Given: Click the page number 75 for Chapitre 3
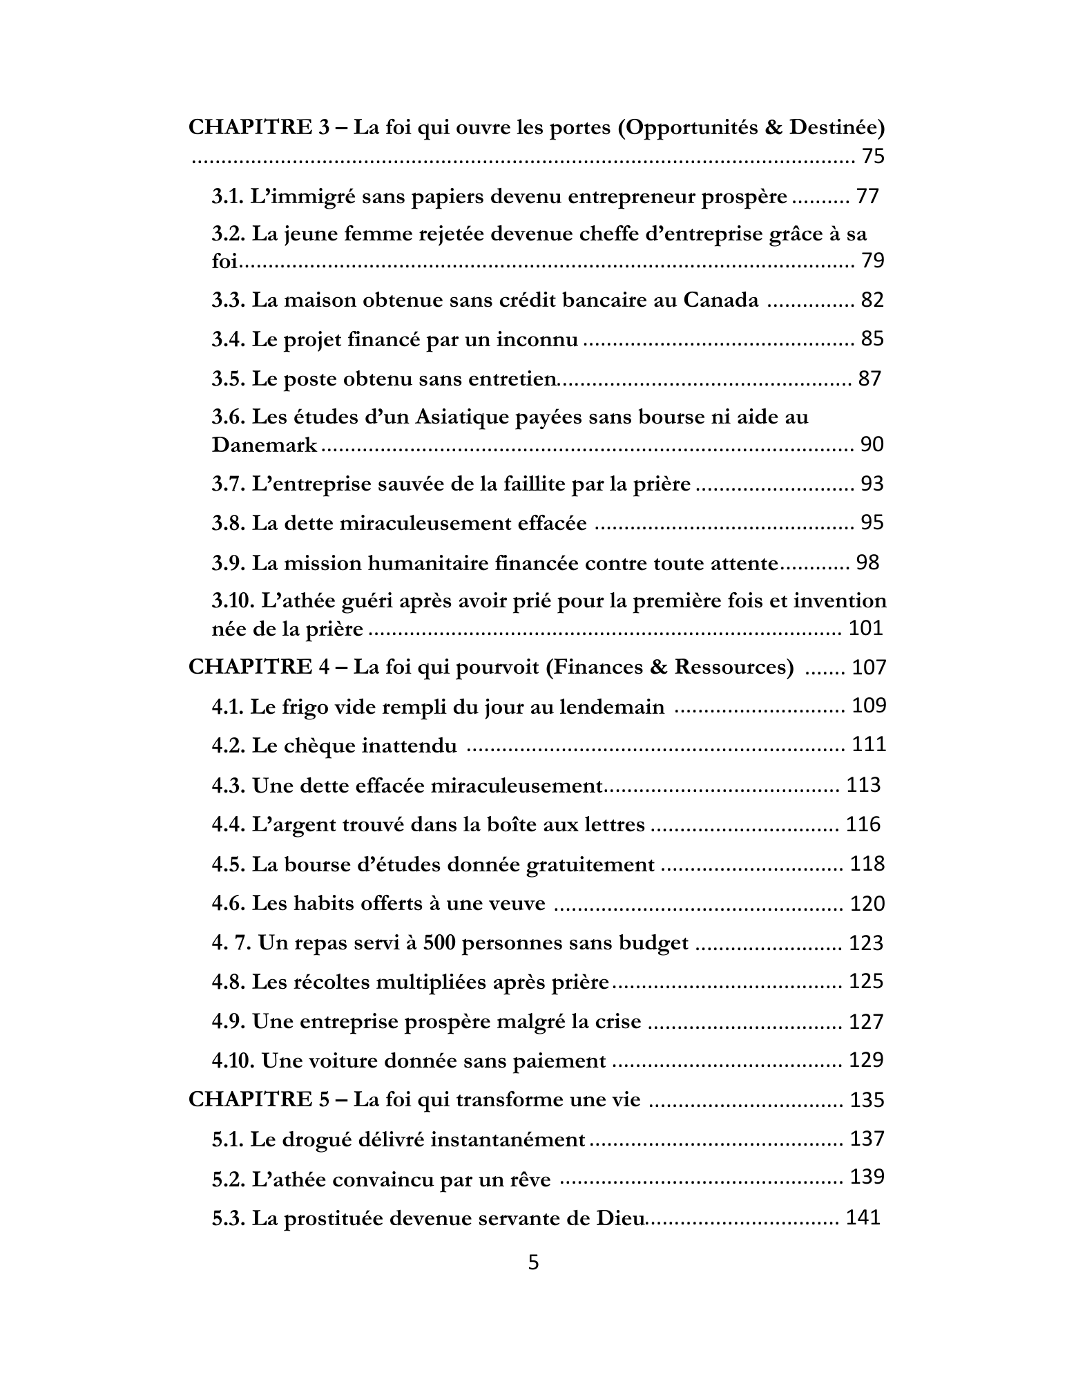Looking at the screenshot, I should point(873,157).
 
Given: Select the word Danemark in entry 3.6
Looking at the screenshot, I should point(265,445).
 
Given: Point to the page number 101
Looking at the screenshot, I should point(865,628).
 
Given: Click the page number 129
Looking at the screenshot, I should point(866,1060).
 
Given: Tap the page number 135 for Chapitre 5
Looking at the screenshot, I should point(867,1100).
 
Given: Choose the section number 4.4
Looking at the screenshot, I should point(229,825).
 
